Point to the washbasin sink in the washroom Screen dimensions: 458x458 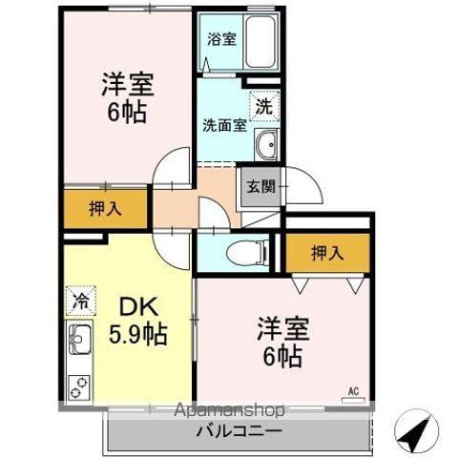(x=266, y=146)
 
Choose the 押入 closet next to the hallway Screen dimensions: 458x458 (x=106, y=209)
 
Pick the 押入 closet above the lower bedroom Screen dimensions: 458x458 (x=327, y=253)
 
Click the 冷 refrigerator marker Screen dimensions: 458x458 (x=79, y=301)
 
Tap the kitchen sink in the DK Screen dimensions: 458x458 (x=79, y=337)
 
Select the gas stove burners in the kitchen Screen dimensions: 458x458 (x=79, y=386)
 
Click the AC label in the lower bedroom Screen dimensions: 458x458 (x=353, y=390)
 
